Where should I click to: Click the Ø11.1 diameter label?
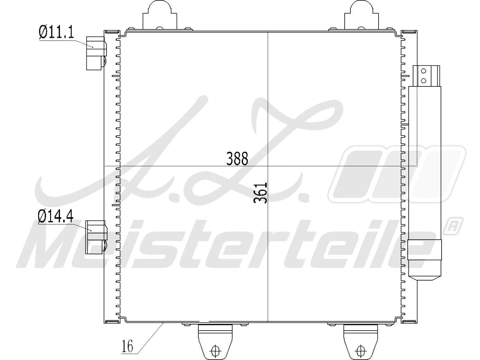(x=56, y=32)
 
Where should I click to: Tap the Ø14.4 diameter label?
(x=55, y=217)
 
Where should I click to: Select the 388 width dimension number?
(x=237, y=159)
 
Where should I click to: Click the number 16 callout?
(x=127, y=347)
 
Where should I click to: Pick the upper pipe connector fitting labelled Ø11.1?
(x=95, y=53)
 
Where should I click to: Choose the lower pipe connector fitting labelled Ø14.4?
(x=95, y=237)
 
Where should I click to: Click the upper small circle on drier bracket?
(x=423, y=71)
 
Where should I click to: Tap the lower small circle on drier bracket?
(x=423, y=80)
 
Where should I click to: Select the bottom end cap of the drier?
(x=425, y=259)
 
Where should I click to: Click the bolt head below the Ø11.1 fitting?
(x=104, y=62)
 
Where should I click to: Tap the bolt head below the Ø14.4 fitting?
(x=104, y=245)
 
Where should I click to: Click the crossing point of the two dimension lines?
(x=268, y=166)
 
